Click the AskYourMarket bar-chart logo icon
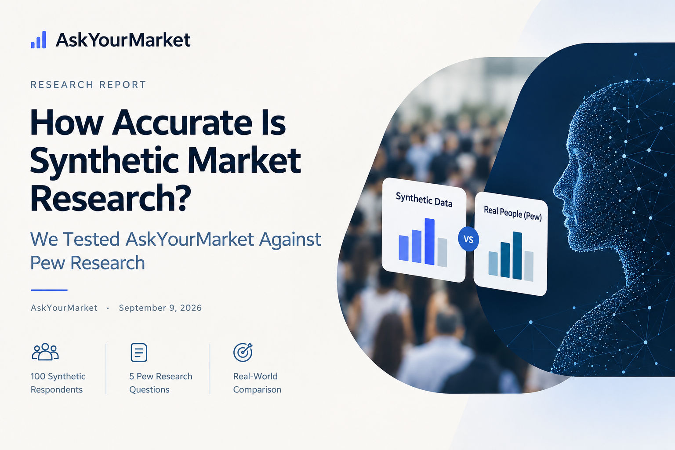38,40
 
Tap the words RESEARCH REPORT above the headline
88,85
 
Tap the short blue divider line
49,290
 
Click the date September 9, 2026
160,308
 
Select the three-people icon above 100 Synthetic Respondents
45,352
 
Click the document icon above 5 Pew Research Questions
139,352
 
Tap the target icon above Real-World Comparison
243,352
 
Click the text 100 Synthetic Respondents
58,383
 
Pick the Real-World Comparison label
257,383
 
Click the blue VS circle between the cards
468,239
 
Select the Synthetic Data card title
424,200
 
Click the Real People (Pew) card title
512,214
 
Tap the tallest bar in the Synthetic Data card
429,242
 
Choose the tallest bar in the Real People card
517,256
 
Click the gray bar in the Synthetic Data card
443,253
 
